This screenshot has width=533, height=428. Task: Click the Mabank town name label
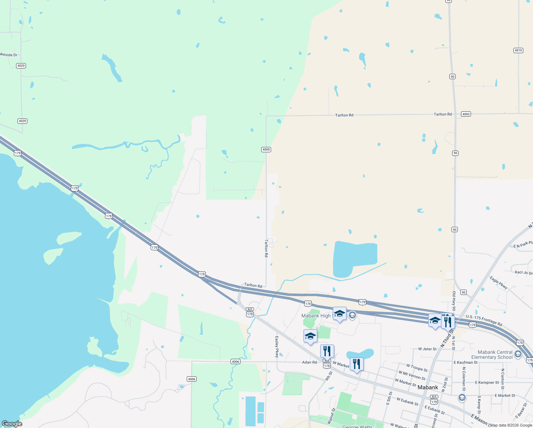point(428,387)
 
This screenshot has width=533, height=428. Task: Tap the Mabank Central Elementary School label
point(492,355)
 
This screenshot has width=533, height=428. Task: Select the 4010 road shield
point(518,50)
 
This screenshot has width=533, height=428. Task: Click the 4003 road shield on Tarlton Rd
point(466,114)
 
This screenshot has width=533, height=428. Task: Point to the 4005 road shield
point(266,149)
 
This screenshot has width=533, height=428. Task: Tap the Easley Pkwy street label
point(276,347)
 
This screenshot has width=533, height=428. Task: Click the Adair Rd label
point(309,362)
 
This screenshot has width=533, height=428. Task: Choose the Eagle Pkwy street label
point(498,282)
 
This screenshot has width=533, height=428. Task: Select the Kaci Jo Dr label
point(523,272)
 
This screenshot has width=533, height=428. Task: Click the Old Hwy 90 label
point(454,301)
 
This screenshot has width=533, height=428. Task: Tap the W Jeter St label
point(427,349)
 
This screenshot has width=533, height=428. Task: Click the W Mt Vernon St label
point(412,376)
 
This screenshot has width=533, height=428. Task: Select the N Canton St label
point(503,379)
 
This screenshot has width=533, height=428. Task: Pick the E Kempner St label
point(487,382)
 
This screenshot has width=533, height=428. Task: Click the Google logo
point(12,424)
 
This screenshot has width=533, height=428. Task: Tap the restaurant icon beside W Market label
point(356,365)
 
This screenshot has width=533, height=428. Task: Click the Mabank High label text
point(316,316)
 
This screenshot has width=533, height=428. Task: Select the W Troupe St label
point(417,367)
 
